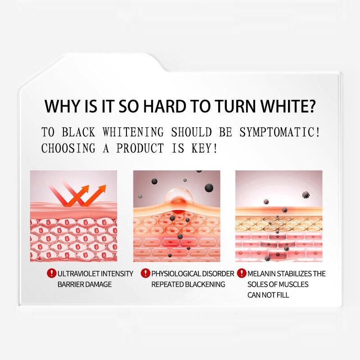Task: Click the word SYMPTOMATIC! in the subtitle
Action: point(281,132)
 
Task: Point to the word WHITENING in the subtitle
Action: point(133,132)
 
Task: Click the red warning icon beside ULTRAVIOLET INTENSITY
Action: point(52,273)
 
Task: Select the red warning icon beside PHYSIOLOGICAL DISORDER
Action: point(145,273)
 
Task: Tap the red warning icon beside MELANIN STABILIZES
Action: point(242,273)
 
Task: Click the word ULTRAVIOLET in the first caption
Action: point(77,274)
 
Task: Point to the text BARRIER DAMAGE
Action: point(85,284)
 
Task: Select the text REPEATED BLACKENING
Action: point(188,284)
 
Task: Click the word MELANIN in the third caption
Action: point(261,274)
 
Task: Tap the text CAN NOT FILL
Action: point(268,295)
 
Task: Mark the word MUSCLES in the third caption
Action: point(293,284)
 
